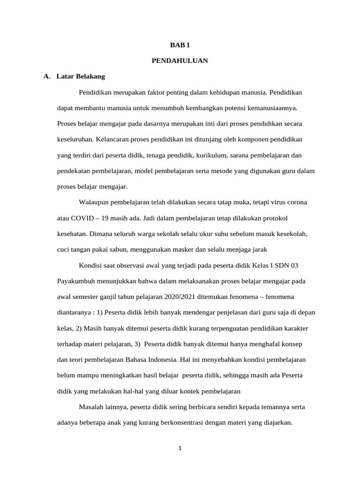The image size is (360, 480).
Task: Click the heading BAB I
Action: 180,45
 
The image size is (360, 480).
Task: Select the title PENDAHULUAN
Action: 180,60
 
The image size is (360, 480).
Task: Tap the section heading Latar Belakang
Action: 81,76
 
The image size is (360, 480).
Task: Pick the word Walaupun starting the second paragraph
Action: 95,202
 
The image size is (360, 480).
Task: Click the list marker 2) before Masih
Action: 75,328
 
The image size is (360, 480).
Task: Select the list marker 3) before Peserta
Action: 137,344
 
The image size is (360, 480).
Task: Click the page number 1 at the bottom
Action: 180,448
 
